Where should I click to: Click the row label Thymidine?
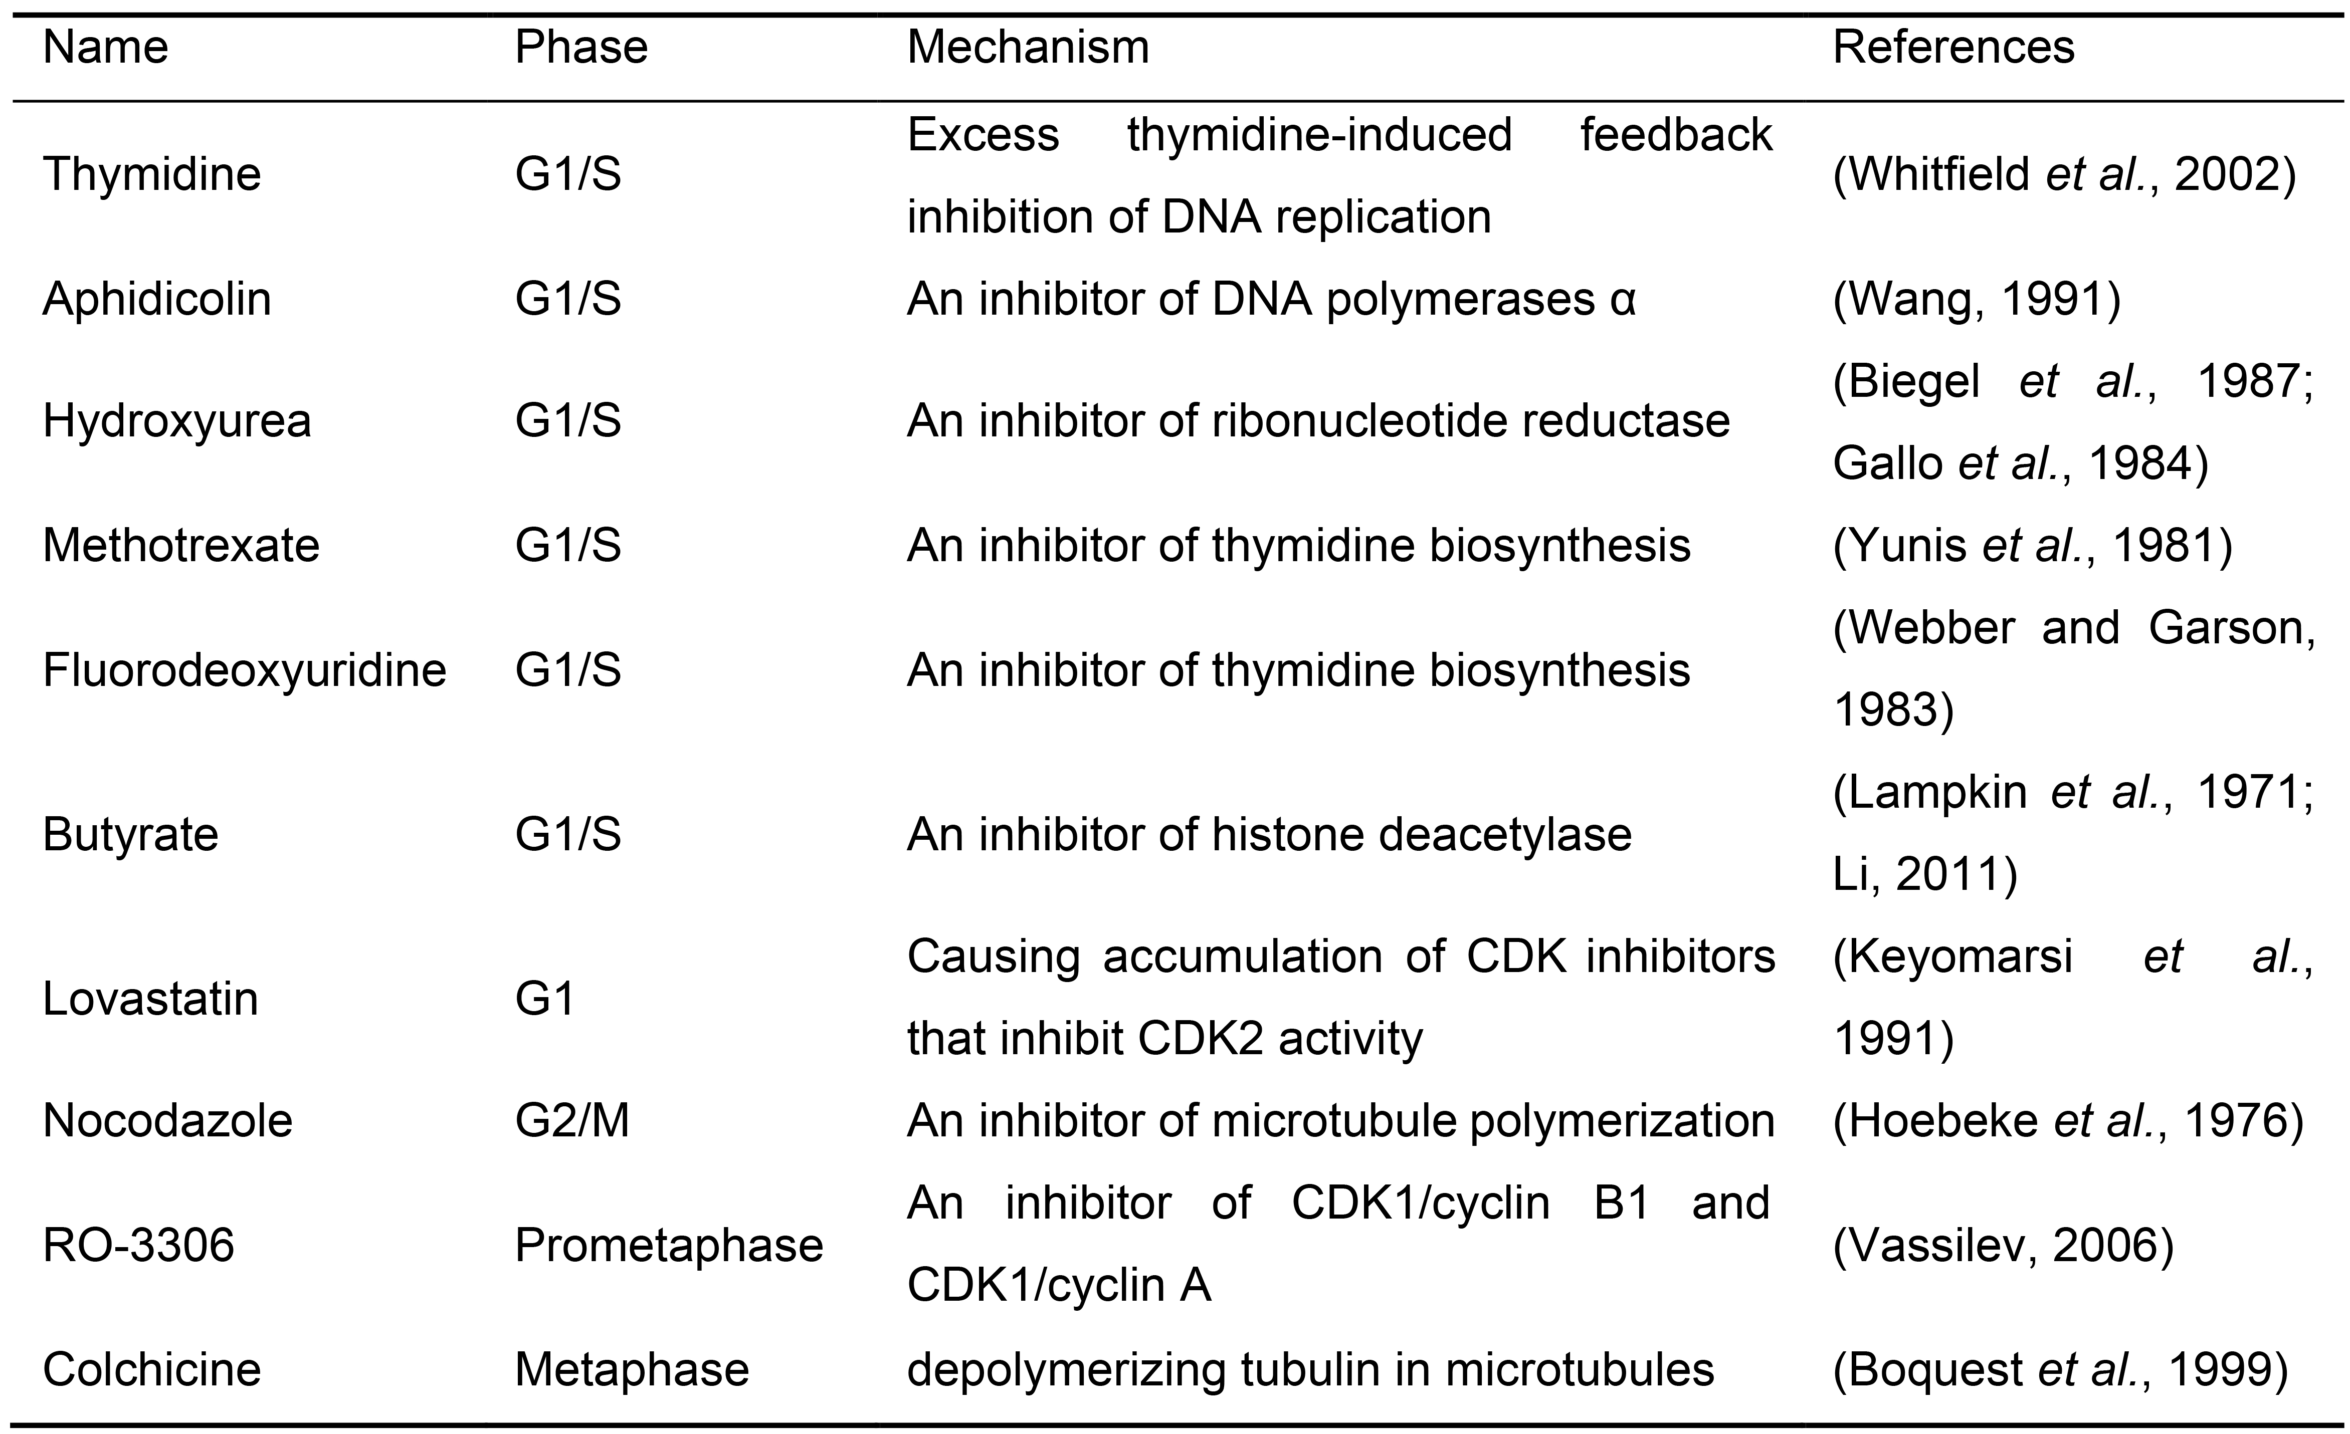pos(152,174)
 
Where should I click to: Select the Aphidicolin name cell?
pos(157,299)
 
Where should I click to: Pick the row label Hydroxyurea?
pos(177,420)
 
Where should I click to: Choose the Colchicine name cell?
pos(152,1369)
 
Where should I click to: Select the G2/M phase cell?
pos(572,1120)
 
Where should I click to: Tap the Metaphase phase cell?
pos(632,1369)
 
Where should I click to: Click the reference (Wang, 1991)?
pos(1977,299)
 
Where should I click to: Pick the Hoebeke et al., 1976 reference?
pos(2068,1120)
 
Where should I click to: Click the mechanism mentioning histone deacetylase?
pos(1269,834)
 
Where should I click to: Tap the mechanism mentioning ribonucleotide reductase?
pos(1318,420)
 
